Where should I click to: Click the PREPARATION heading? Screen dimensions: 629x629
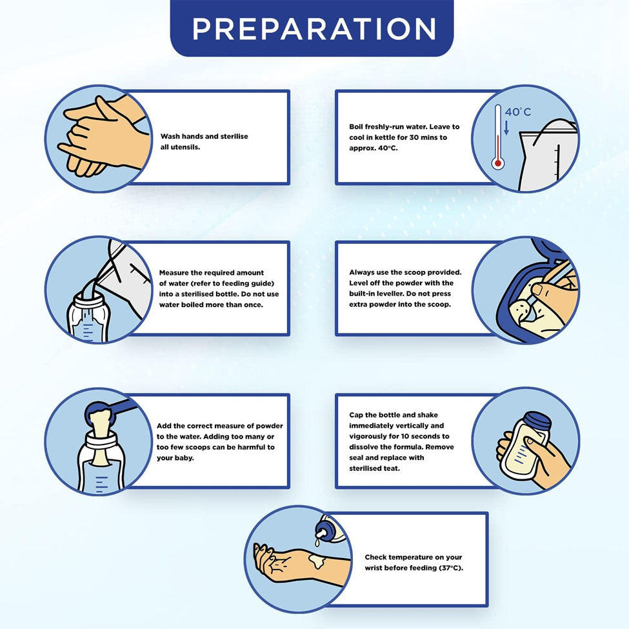pyautogui.click(x=314, y=28)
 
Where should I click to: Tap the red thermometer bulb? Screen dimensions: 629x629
pyautogui.click(x=498, y=163)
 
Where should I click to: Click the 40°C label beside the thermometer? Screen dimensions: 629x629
pyautogui.click(x=517, y=112)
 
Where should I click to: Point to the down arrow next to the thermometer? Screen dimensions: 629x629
pyautogui.click(x=506, y=128)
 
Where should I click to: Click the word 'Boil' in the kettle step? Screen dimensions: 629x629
pyautogui.click(x=356, y=126)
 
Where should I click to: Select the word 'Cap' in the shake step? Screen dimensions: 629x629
pyautogui.click(x=355, y=415)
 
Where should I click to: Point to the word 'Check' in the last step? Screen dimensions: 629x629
pyautogui.click(x=375, y=557)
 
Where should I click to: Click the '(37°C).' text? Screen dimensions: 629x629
pyautogui.click(x=451, y=568)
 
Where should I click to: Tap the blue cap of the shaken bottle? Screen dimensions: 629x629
pyautogui.click(x=538, y=423)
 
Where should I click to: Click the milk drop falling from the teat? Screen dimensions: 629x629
pyautogui.click(x=317, y=543)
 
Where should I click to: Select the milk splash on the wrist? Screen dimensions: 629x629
pyautogui.click(x=317, y=561)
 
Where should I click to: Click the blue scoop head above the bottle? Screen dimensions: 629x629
pyautogui.click(x=99, y=412)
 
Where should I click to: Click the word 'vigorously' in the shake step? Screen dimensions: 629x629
pyautogui.click(x=370, y=437)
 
